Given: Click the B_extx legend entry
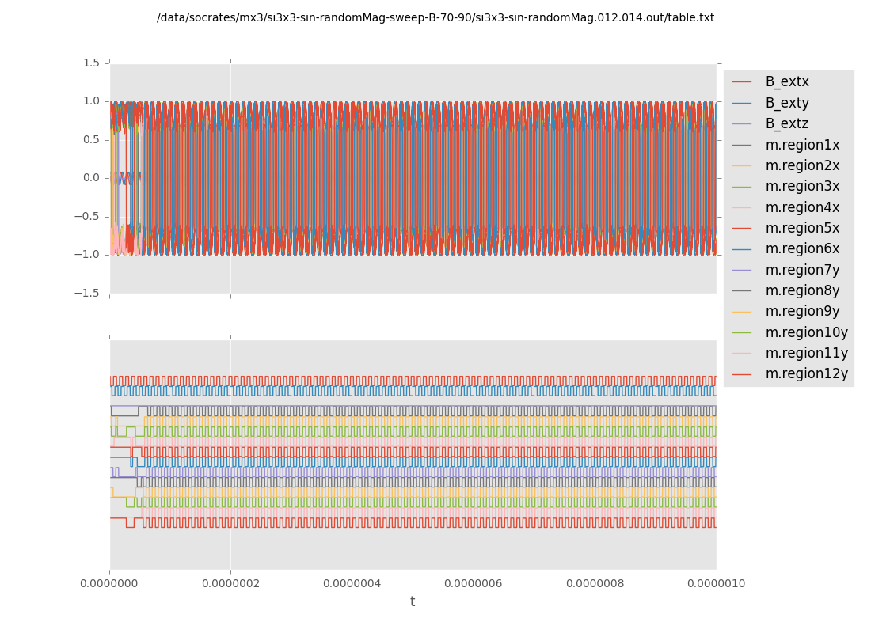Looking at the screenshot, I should point(787,81).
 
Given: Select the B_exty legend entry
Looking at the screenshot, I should point(787,103).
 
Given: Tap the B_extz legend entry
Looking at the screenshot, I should point(787,123).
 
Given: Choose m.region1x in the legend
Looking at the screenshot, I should point(802,145).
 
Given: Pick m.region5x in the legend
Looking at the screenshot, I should point(802,228).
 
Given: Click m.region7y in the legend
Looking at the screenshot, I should point(802,270).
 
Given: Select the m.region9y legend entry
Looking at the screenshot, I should point(802,311).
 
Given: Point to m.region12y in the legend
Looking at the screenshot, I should point(806,373).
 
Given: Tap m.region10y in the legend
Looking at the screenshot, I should point(806,332).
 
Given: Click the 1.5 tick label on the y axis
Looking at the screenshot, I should point(91,63).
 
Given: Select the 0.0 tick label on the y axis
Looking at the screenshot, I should point(91,177).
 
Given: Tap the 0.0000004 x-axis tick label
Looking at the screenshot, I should point(352,584).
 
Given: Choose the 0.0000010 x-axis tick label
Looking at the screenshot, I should point(716,584).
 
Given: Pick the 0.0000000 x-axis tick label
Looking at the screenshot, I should point(110,584).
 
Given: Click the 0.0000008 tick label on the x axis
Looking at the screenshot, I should point(595,584).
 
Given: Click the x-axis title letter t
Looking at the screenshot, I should point(413,602).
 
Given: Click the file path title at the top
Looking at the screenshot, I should point(435,17).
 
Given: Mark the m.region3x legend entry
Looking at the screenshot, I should point(802,186).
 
